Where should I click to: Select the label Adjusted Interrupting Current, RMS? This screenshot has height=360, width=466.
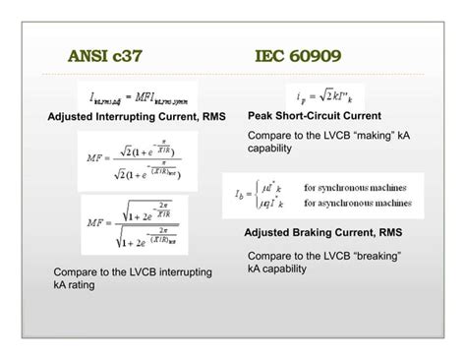[137, 117]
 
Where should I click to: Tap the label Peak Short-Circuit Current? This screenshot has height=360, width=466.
[315, 116]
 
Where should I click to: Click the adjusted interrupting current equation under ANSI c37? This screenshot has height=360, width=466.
[137, 96]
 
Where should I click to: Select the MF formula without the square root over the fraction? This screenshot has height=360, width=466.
[137, 160]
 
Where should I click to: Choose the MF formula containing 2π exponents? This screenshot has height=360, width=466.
[137, 224]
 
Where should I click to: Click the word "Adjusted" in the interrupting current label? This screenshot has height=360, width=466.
[75, 117]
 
